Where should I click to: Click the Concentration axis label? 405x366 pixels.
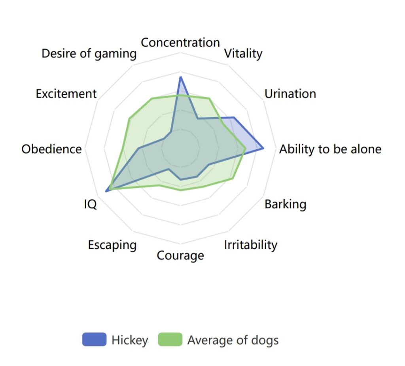click(180, 42)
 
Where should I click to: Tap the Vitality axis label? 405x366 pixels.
click(243, 54)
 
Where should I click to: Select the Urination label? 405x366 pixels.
click(290, 93)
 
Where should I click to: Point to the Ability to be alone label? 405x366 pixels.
click(330, 149)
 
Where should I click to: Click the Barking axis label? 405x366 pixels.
click(286, 204)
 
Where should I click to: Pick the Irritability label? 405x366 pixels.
click(250, 245)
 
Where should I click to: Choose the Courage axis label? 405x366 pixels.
click(180, 255)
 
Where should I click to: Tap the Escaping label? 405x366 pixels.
click(112, 245)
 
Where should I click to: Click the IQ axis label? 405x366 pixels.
click(91, 204)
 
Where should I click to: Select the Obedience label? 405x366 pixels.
click(52, 149)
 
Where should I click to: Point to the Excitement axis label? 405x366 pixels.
click(66, 93)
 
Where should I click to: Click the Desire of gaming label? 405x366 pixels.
click(89, 54)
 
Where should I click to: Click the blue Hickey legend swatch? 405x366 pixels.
click(94, 339)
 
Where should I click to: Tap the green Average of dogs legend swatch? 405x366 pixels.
click(170, 339)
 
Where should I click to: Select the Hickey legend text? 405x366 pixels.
click(130, 340)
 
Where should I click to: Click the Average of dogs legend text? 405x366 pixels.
click(233, 340)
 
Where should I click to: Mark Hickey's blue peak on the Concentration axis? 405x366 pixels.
click(180, 77)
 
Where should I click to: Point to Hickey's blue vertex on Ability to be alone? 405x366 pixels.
click(263, 149)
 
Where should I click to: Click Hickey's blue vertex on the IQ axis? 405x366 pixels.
click(106, 192)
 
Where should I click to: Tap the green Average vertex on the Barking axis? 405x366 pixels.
click(233, 179)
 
